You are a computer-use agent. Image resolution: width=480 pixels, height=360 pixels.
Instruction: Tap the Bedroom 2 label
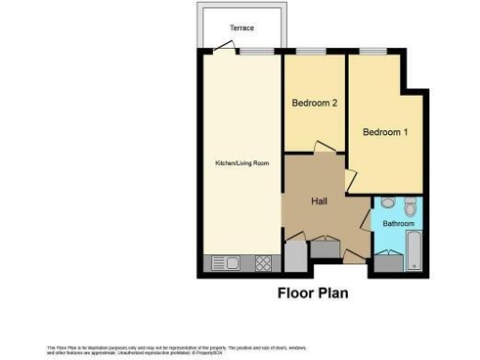pyautogui.click(x=314, y=103)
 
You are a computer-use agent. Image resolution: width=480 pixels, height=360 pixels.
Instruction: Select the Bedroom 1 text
pyautogui.click(x=385, y=132)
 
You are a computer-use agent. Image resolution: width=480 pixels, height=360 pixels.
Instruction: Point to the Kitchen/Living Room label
pyautogui.click(x=242, y=163)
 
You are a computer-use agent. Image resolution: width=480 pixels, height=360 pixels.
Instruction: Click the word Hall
pyautogui.click(x=319, y=201)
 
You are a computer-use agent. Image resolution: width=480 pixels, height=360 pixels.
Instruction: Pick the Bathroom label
pyautogui.click(x=397, y=224)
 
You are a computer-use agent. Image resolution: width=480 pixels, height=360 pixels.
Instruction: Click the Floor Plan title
pyautogui.click(x=313, y=292)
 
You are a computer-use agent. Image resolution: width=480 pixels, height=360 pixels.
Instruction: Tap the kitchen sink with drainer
pyautogui.click(x=228, y=263)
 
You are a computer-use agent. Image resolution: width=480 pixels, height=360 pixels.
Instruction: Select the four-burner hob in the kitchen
pyautogui.click(x=263, y=263)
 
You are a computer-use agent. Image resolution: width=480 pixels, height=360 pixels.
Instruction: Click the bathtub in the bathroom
pyautogui.click(x=412, y=252)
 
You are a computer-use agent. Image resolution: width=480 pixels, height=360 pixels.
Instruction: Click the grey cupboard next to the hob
pyautogui.click(x=292, y=255)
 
